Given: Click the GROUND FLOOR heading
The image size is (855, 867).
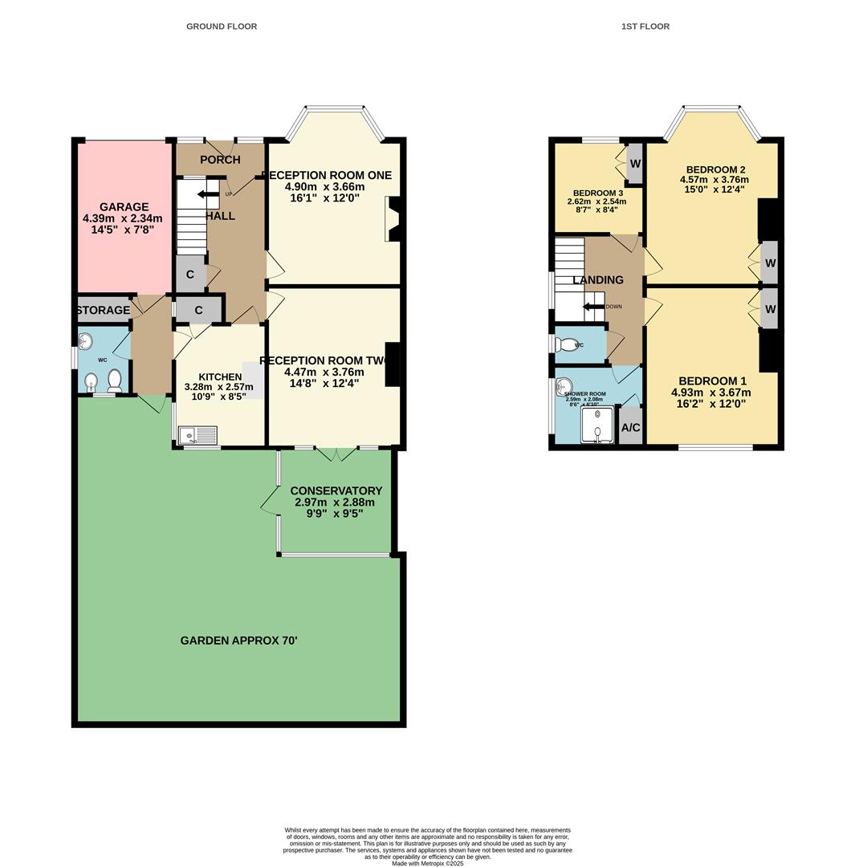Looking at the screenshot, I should [x=222, y=26].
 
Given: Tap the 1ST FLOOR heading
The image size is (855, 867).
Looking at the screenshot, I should [x=645, y=26].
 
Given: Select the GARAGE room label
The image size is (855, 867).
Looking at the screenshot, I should [x=124, y=207].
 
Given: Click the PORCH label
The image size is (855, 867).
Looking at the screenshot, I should [x=220, y=160].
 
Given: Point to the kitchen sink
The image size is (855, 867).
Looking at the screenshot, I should [x=197, y=436].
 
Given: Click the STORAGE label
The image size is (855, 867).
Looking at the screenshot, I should [x=104, y=310].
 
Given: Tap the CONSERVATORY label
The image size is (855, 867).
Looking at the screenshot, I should [x=336, y=490].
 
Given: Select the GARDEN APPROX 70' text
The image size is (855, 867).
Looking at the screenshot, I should [x=238, y=641].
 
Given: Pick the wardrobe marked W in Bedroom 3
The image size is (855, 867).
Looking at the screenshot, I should [x=634, y=164].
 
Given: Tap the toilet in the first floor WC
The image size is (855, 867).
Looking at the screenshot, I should [x=568, y=345].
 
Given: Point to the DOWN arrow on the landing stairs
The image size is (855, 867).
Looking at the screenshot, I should [x=593, y=307].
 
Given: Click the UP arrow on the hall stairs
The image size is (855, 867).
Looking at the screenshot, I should [x=207, y=193].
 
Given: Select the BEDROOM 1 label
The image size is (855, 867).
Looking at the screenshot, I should [x=712, y=381].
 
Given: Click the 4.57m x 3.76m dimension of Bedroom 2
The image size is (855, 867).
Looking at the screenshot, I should [x=714, y=180].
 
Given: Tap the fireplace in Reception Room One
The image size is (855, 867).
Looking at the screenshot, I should [x=394, y=219].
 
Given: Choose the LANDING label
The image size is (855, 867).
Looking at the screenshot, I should [x=597, y=280].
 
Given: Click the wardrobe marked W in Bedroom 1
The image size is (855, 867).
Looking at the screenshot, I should [x=770, y=310].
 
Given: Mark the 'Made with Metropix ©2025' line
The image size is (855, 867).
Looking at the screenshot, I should [x=427, y=863].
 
